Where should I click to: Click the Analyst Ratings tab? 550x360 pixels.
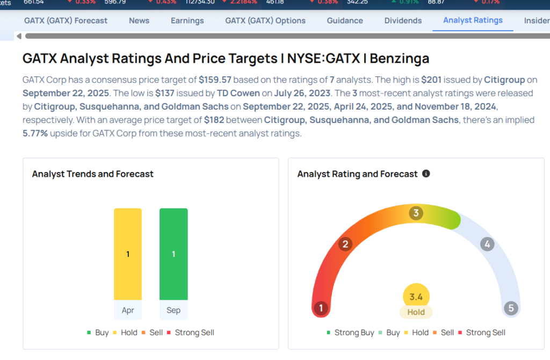pyautogui.click(x=473, y=20)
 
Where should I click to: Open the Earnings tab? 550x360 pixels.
pyautogui.click(x=187, y=20)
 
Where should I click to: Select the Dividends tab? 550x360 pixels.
pyautogui.click(x=403, y=20)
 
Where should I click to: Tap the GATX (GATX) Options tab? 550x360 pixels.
pyautogui.click(x=265, y=20)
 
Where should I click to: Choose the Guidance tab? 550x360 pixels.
pyautogui.click(x=345, y=20)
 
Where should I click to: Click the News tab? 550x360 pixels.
pyautogui.click(x=139, y=20)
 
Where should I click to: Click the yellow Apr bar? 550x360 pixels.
pyautogui.click(x=128, y=254)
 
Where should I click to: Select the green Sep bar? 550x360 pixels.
pyautogui.click(x=173, y=254)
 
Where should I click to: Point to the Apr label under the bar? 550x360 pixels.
pyautogui.click(x=128, y=310)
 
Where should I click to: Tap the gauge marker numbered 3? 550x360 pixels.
pyautogui.click(x=415, y=213)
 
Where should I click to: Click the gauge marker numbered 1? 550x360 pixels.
pyautogui.click(x=321, y=308)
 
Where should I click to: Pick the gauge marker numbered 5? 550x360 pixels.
pyautogui.click(x=510, y=308)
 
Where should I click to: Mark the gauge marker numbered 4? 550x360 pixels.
pyautogui.click(x=487, y=244)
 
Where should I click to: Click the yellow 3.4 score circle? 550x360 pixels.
pyautogui.click(x=416, y=297)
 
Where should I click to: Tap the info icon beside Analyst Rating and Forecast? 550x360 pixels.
pyautogui.click(x=426, y=174)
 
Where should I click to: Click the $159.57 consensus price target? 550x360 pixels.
pyautogui.click(x=215, y=80)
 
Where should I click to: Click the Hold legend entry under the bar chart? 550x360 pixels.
pyautogui.click(x=125, y=333)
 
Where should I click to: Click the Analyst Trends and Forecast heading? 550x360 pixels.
pyautogui.click(x=93, y=174)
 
